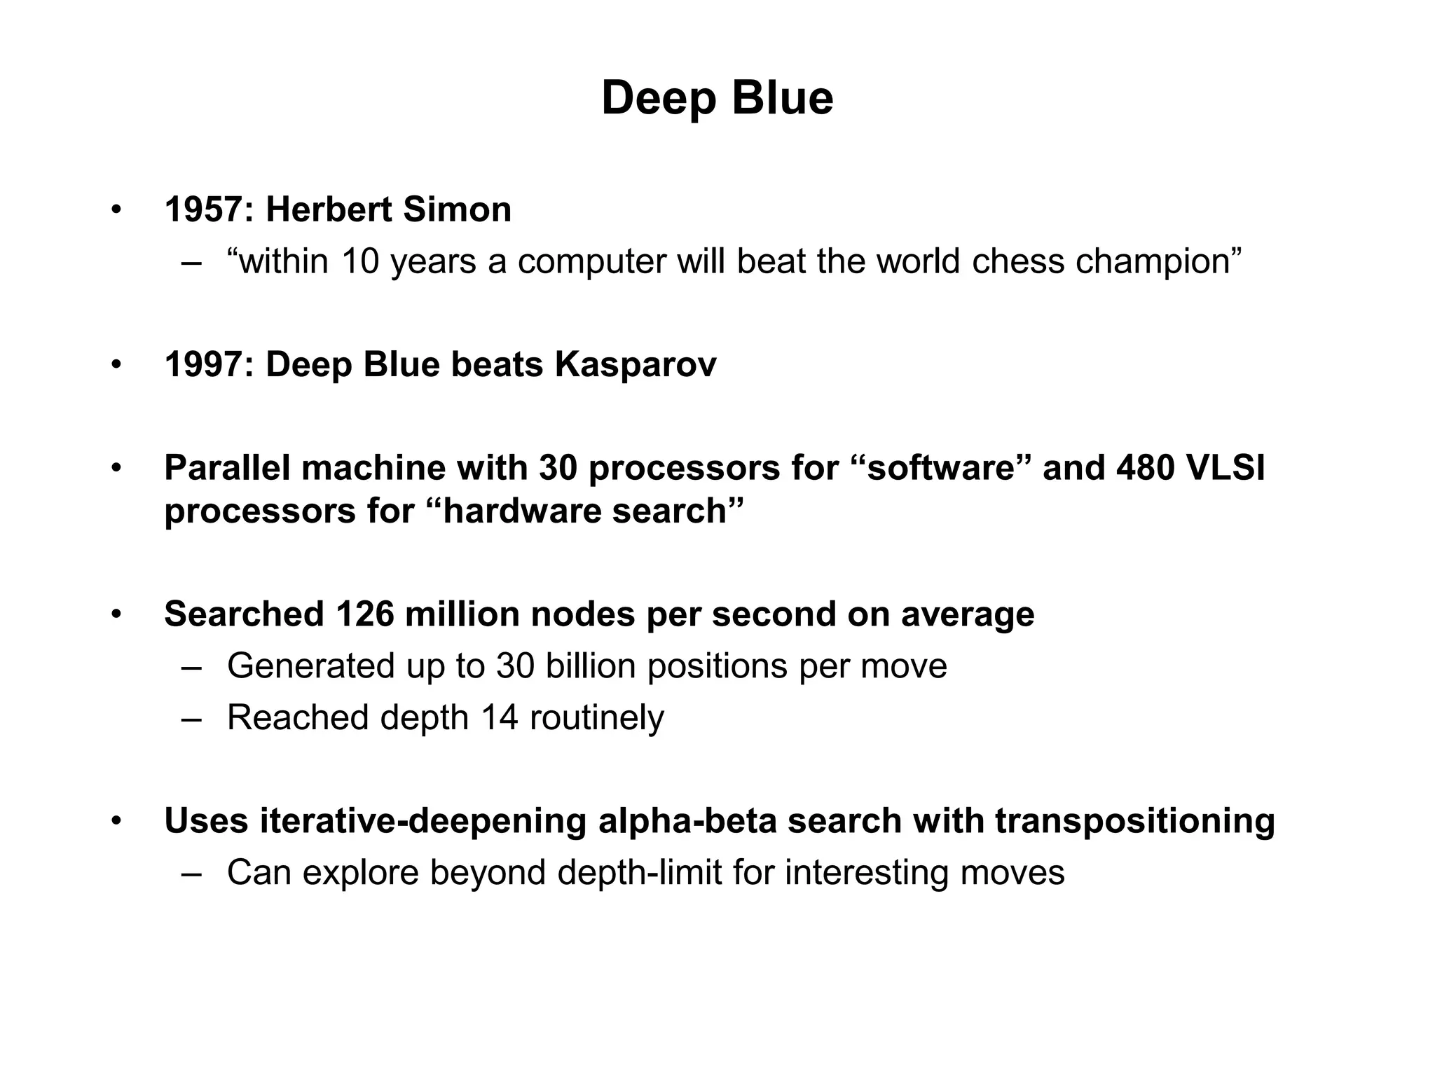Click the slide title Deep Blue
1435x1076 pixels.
[717, 98]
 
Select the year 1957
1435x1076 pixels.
[203, 209]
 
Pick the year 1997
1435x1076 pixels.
[203, 365]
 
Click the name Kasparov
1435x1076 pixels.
[636, 365]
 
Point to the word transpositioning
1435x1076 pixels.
[1134, 822]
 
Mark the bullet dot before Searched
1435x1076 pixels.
[116, 614]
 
